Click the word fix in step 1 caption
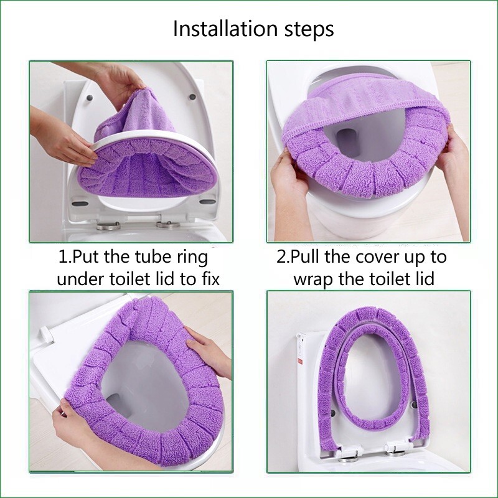coord(210,278)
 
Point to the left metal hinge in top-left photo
coord(108,226)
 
